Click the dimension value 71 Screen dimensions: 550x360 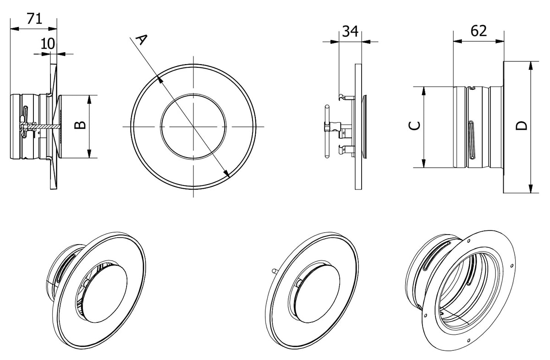pos(34,19)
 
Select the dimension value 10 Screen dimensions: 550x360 pos(48,44)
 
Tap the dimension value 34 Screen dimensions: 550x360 pos(350,32)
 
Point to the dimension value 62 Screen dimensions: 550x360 pos(478,31)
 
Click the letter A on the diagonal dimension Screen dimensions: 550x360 pos(142,39)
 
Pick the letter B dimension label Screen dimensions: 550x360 pos(80,125)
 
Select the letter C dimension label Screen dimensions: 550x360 pos(414,126)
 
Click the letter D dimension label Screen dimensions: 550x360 pos(521,125)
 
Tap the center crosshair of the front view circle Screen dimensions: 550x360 pos(193,126)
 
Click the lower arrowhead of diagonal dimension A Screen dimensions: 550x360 pos(226,173)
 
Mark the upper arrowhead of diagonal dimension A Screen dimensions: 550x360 pos(160,80)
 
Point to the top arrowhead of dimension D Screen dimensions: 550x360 pos(531,66)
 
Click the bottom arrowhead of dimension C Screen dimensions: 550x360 pos(423,164)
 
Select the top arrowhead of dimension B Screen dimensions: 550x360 pos(89,100)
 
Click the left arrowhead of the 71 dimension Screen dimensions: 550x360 pos(15,29)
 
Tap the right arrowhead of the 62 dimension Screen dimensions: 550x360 pos(500,41)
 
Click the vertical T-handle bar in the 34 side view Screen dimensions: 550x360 pos(327,131)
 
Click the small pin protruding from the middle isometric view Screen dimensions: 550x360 pos(275,271)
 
